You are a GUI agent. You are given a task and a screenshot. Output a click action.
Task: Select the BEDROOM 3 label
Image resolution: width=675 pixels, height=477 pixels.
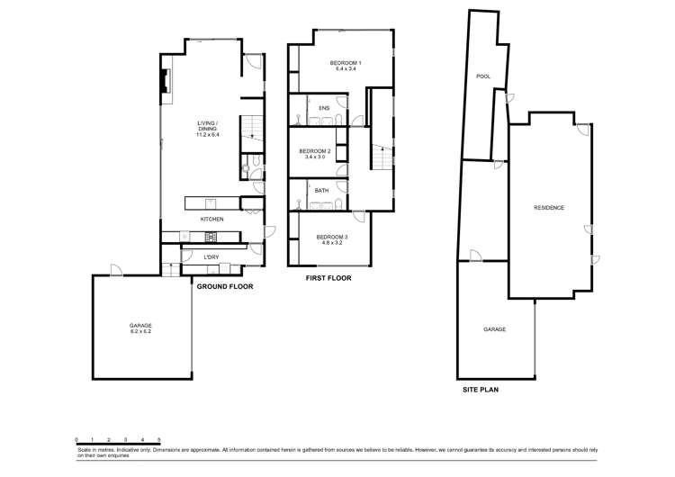point(332,239)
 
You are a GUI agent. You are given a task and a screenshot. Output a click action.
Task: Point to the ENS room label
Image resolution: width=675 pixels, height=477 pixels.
point(324,108)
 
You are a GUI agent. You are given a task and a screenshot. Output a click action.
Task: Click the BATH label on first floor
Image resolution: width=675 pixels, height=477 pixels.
point(321,190)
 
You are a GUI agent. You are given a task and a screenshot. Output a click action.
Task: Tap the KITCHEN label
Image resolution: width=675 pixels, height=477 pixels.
point(211,219)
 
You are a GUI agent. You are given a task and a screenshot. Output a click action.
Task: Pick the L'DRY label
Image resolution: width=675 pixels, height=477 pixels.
point(211,257)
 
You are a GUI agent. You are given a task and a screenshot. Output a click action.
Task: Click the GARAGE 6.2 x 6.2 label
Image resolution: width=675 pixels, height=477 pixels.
point(139,328)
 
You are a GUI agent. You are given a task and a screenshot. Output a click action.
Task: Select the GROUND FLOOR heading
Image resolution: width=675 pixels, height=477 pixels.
point(224,286)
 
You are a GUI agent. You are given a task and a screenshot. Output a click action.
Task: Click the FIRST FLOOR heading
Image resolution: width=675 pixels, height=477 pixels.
point(328,278)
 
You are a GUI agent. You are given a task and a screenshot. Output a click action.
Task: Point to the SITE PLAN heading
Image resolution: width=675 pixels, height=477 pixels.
point(481,390)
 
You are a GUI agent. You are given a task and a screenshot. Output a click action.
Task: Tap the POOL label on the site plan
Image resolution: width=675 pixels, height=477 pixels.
point(482,76)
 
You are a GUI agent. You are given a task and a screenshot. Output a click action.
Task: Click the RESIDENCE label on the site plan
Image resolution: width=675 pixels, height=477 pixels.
point(549,208)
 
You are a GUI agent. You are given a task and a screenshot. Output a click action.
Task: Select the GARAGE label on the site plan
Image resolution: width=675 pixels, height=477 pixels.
point(494,329)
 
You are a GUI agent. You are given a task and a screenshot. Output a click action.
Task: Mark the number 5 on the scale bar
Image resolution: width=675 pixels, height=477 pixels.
point(159,438)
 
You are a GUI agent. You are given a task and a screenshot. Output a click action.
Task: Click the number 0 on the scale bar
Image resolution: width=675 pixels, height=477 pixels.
point(76,438)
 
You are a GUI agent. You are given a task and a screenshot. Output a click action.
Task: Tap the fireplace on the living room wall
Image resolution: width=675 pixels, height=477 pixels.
point(164,82)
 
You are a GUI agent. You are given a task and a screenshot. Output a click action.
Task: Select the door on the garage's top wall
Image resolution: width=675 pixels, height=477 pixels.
point(115,270)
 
